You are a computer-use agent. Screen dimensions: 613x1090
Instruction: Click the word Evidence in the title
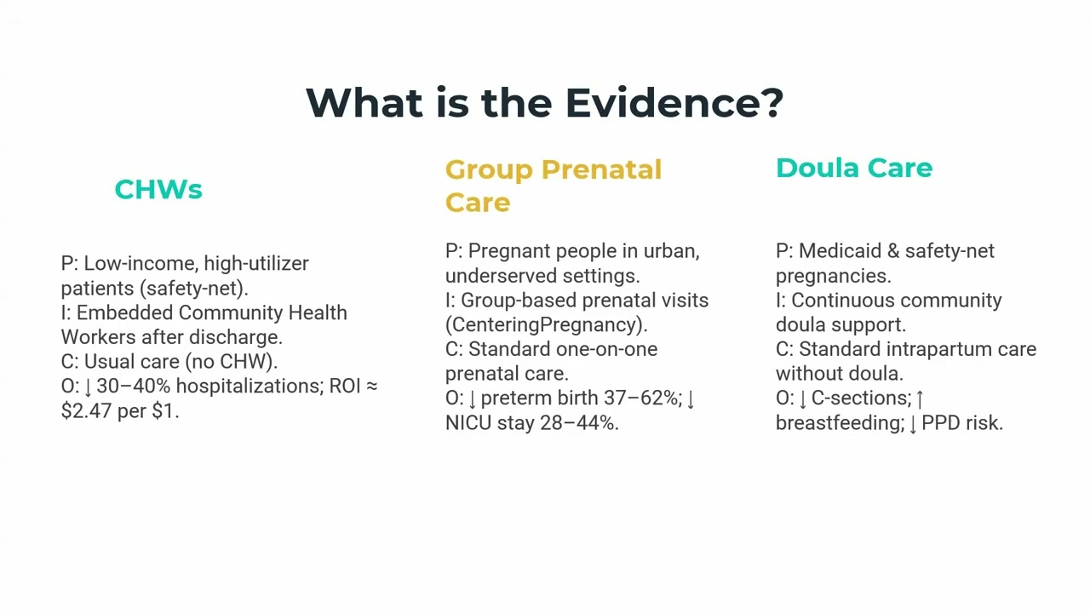(673, 103)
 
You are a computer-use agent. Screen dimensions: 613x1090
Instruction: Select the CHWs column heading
(158, 189)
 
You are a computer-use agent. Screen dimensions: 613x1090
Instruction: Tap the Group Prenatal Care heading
(553, 186)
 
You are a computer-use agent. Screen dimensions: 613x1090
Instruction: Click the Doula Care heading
(853, 168)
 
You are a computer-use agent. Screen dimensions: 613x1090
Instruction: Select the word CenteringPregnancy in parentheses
(545, 324)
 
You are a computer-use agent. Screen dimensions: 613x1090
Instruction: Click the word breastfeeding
(838, 422)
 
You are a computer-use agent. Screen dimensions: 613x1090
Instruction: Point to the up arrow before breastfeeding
(920, 398)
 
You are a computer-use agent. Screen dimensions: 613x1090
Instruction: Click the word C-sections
(859, 398)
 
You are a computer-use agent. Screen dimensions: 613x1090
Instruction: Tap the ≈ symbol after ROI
(371, 386)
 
